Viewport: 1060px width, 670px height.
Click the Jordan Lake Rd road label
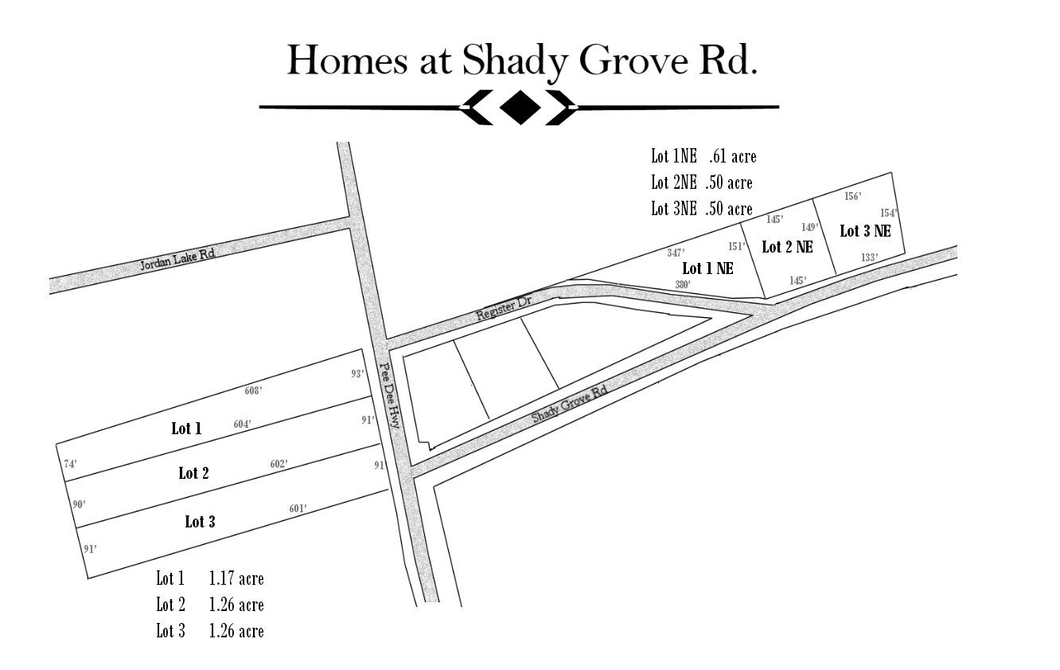pos(177,257)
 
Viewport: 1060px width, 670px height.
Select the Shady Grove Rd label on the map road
pos(569,405)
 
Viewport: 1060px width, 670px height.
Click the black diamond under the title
pos(519,107)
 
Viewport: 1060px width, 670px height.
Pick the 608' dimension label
pos(254,391)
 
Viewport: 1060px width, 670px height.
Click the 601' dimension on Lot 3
pos(298,509)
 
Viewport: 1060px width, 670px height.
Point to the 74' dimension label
pos(70,464)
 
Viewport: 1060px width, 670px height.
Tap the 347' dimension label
pos(676,253)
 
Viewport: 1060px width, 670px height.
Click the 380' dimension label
pos(683,284)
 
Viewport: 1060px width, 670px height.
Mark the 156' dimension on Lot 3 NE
pos(852,196)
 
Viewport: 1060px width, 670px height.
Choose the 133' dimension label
pos(869,257)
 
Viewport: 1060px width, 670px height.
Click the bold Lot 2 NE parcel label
pos(787,247)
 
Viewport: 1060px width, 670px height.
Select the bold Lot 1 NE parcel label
pos(707,268)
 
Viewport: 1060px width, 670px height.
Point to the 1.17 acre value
pos(236,578)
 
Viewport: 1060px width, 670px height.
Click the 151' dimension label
pos(736,246)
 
